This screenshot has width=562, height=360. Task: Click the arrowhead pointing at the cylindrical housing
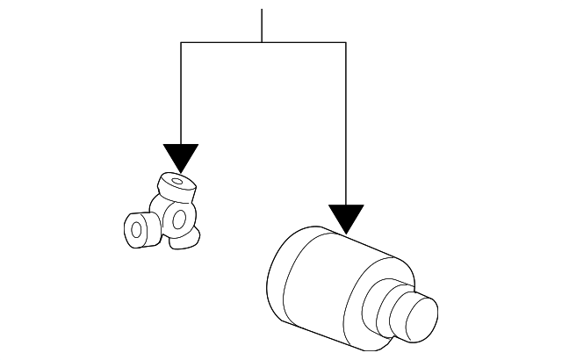pos(346,217)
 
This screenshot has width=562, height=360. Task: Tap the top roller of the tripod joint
pos(176,187)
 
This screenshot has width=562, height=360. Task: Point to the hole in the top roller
pos(179,183)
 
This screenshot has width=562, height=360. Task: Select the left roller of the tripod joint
pos(140,231)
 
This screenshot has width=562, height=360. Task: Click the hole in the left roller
pos(136,231)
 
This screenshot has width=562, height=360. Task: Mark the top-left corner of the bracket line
pos(181,42)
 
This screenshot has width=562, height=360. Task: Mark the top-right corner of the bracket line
pos(346,42)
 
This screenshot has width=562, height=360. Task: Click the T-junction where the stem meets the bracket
pos(262,42)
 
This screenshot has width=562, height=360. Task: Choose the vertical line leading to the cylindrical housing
pos(346,123)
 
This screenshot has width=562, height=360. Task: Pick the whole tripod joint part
pos(167,215)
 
